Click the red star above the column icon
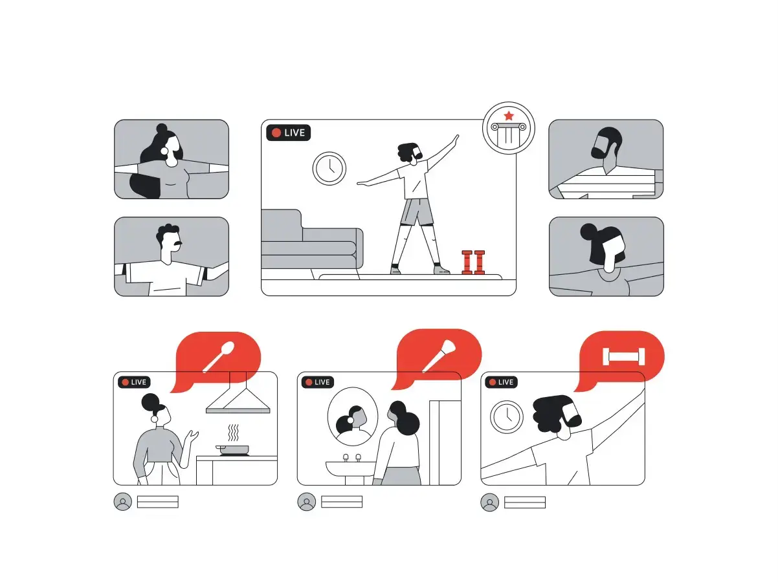509,116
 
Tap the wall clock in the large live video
329,169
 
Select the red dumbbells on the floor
473,263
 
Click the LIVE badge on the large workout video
288,133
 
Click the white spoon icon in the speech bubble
218,357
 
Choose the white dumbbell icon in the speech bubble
624,357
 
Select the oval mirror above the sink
353,416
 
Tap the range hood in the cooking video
238,393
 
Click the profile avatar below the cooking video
122,502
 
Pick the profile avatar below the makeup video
307,502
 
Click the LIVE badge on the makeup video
318,382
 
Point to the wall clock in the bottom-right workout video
507,417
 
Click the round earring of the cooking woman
154,419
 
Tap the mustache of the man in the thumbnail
177,244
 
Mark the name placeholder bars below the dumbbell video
524,502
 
